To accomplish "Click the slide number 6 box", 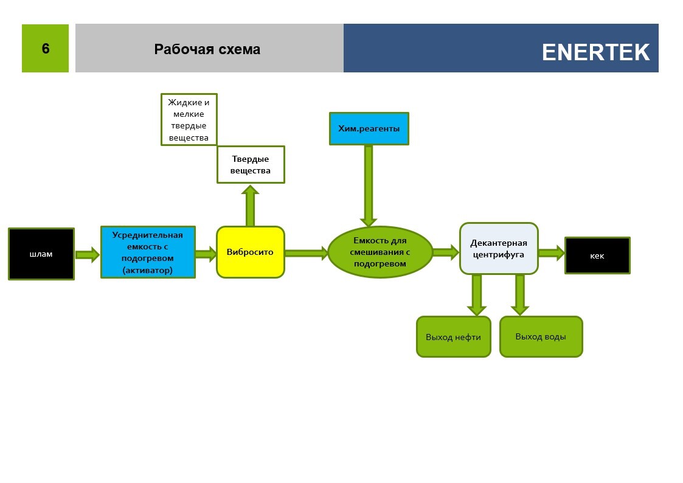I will (x=45, y=49).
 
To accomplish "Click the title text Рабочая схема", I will (x=207, y=49).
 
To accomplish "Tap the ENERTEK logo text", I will (x=595, y=52).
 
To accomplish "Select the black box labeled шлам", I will (x=41, y=254).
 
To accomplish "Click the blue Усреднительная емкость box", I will (x=148, y=252).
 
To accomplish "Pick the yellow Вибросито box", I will (x=251, y=252).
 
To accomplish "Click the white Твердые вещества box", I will (x=251, y=165).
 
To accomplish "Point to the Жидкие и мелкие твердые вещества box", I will (x=189, y=120).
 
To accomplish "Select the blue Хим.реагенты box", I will (x=369, y=129).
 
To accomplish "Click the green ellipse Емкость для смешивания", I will (x=380, y=252).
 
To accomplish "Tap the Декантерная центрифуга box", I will (x=498, y=249).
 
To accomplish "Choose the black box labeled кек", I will (x=597, y=255).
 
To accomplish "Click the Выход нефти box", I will (x=453, y=337).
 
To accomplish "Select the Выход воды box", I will (x=541, y=336).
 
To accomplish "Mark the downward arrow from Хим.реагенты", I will (x=369, y=186).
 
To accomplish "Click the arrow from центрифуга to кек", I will (x=551, y=253).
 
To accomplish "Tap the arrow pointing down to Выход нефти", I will (x=477, y=294).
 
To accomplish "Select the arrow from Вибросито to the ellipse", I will (x=306, y=253).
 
